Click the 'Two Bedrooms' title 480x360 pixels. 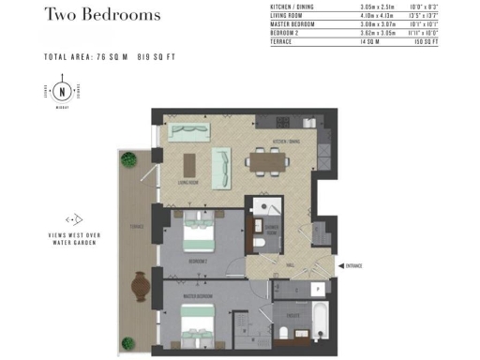(102, 15)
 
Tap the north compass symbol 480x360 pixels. (63, 92)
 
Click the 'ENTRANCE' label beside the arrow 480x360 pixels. (353, 266)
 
